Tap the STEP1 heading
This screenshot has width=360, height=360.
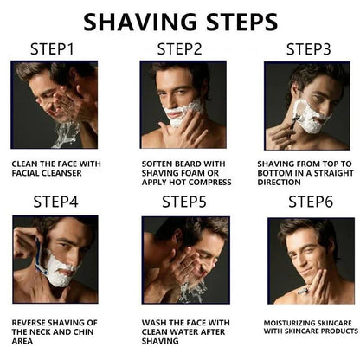55,49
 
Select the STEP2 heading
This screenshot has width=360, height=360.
181,49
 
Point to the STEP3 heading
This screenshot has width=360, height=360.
308,49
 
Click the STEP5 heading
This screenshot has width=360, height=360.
184,202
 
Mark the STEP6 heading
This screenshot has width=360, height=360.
311,202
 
